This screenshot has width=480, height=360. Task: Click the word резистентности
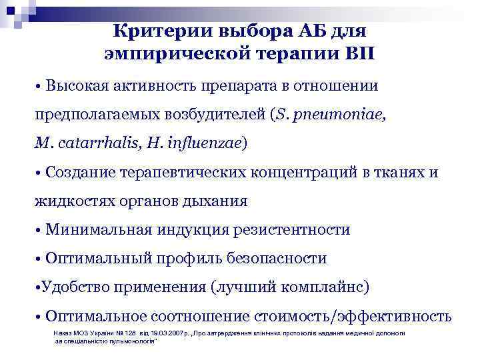coord(291,229)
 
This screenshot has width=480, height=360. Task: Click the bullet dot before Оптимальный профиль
coord(39,259)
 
